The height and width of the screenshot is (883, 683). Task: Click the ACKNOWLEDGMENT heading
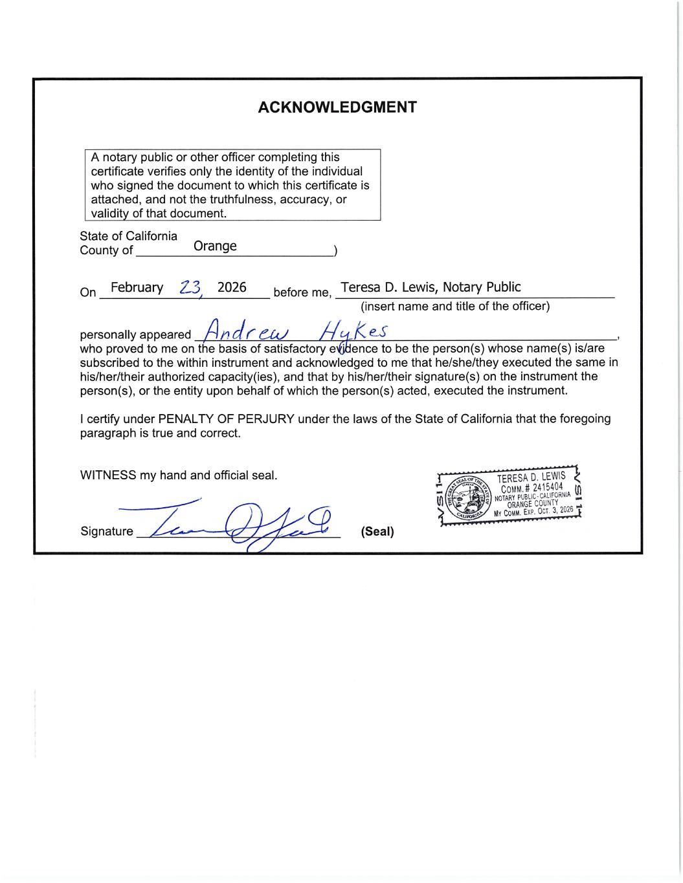(x=337, y=107)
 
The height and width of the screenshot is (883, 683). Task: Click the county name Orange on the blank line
(x=215, y=246)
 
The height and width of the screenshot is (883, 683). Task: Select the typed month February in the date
(x=137, y=288)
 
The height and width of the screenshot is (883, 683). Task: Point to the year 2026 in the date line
(x=232, y=287)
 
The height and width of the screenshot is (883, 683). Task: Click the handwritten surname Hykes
(x=353, y=332)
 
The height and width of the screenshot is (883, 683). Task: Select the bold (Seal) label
(x=377, y=532)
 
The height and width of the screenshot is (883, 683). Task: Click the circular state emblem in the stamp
(x=469, y=498)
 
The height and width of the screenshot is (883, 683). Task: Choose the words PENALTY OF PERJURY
(x=226, y=419)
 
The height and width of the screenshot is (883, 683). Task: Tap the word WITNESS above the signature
(x=107, y=475)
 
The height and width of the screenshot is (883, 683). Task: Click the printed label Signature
(x=106, y=532)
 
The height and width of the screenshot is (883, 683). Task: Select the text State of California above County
(x=128, y=236)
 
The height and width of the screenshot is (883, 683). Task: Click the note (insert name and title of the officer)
(x=455, y=306)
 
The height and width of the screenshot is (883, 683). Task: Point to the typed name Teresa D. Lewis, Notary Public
(x=431, y=287)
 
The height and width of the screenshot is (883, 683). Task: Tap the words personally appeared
(x=135, y=335)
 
